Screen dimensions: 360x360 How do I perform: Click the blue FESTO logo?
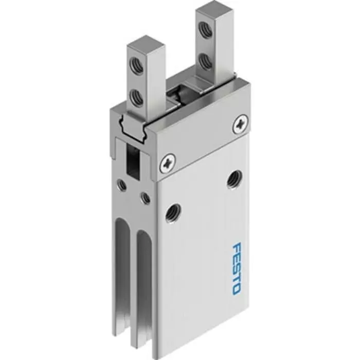[236, 269]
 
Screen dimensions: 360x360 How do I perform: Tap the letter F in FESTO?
[236, 249]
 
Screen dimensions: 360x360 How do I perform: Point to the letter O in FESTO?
[236, 289]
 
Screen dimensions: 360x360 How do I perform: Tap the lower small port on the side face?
[146, 197]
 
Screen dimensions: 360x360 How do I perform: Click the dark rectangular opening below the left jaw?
[133, 163]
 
